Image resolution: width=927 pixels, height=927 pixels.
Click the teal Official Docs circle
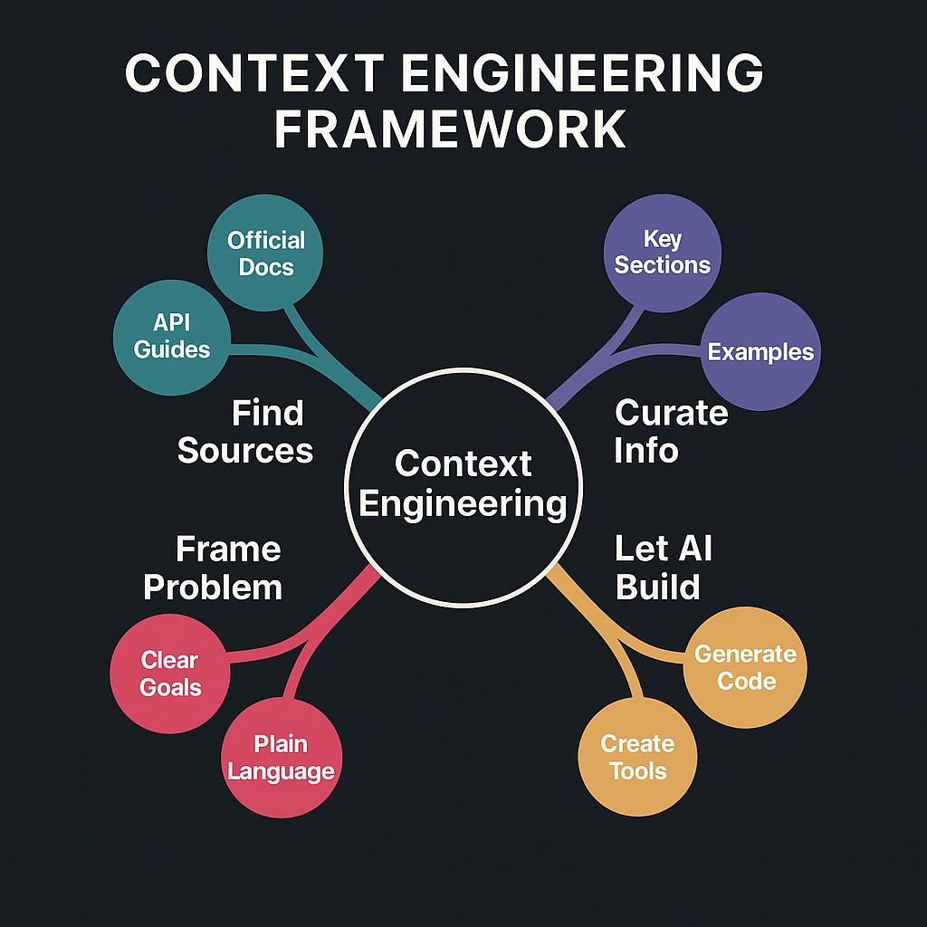(x=266, y=254)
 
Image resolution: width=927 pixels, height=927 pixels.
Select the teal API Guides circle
(x=172, y=337)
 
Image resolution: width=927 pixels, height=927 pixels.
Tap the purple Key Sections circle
(x=663, y=252)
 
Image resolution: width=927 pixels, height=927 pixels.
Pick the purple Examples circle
(x=760, y=352)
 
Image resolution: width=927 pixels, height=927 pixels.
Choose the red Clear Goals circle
(x=169, y=674)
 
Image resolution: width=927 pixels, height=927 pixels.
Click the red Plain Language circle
(x=282, y=758)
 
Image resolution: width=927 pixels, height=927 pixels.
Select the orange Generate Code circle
(x=744, y=667)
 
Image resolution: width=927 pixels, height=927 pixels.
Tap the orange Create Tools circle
(x=637, y=757)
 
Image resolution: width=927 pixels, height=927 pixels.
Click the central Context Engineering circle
(x=463, y=484)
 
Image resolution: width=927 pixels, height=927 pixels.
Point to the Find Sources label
(x=245, y=431)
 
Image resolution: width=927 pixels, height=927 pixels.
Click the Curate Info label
(x=671, y=431)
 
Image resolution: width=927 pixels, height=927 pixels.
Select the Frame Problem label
(x=214, y=569)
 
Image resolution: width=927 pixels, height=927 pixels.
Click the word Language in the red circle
(x=282, y=772)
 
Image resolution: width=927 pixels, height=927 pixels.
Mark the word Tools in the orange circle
(x=637, y=771)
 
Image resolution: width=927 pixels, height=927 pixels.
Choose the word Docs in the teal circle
(x=266, y=268)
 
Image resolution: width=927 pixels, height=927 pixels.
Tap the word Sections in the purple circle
(x=663, y=265)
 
